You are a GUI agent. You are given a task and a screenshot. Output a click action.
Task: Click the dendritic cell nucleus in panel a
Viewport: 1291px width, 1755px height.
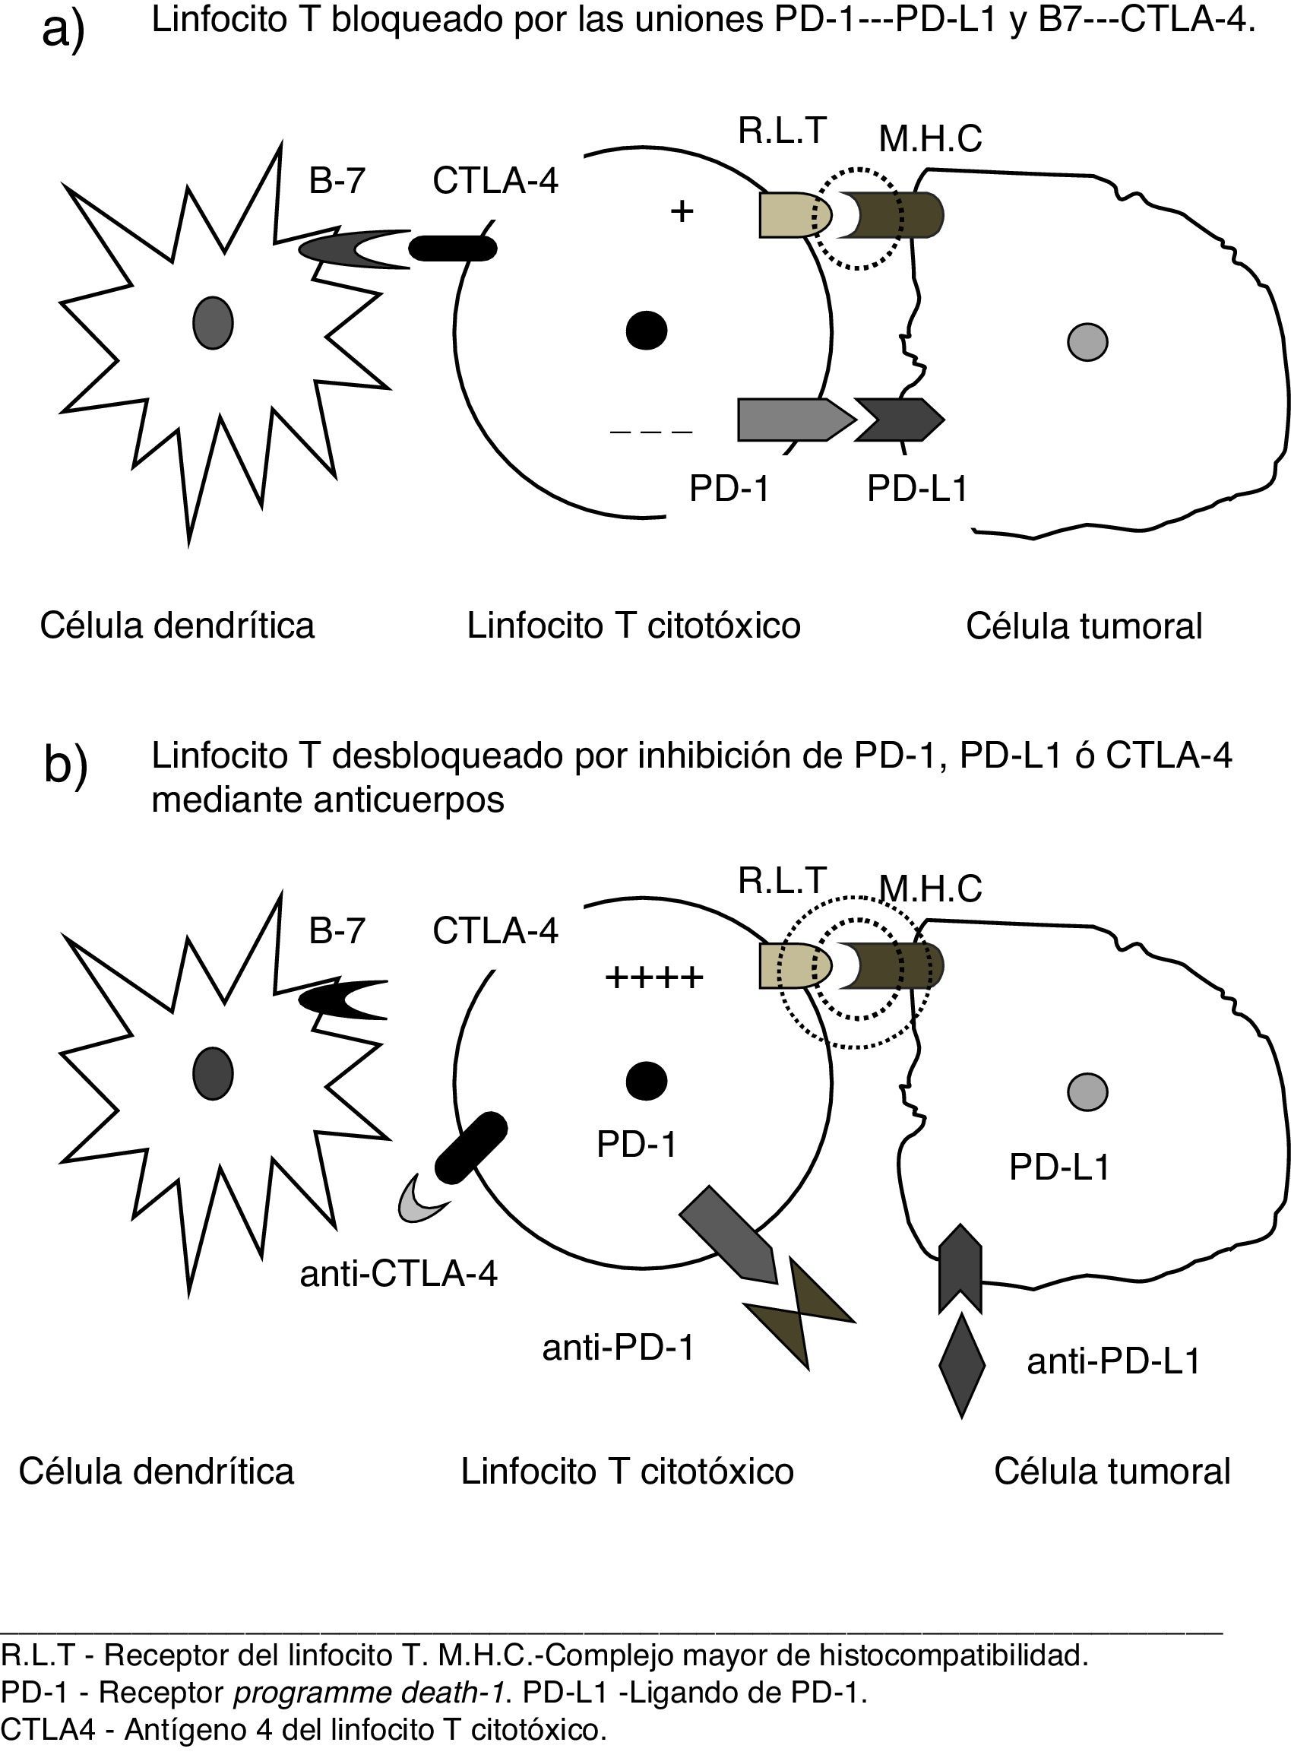click(213, 322)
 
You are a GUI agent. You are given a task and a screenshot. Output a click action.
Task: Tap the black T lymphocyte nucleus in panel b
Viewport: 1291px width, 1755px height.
click(647, 1081)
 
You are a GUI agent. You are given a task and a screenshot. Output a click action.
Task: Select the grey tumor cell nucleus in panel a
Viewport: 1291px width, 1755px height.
click(1087, 341)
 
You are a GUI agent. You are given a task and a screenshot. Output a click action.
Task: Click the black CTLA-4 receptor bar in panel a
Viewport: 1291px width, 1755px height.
click(454, 248)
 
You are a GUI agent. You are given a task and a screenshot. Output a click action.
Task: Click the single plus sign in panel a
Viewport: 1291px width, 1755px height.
click(682, 211)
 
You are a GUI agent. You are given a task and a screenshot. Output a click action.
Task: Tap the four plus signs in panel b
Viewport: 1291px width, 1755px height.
click(654, 977)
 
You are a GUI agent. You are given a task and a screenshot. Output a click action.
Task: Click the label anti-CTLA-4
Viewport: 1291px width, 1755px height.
click(399, 1274)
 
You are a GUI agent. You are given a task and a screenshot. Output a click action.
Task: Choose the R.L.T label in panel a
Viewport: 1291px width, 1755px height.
click(781, 131)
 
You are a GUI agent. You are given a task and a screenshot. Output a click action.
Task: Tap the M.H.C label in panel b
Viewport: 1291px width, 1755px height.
click(930, 889)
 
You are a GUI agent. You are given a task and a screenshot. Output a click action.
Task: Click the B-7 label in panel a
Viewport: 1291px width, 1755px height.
click(337, 181)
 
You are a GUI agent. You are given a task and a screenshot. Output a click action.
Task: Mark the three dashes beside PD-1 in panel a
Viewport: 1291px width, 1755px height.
click(651, 431)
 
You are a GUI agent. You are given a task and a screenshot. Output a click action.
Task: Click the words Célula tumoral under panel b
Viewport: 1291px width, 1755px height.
click(1112, 1471)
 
